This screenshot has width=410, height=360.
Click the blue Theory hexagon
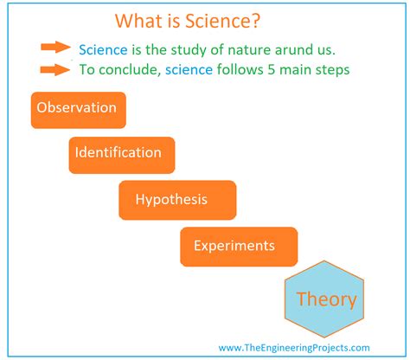326,300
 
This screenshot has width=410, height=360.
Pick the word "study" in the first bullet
183,49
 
